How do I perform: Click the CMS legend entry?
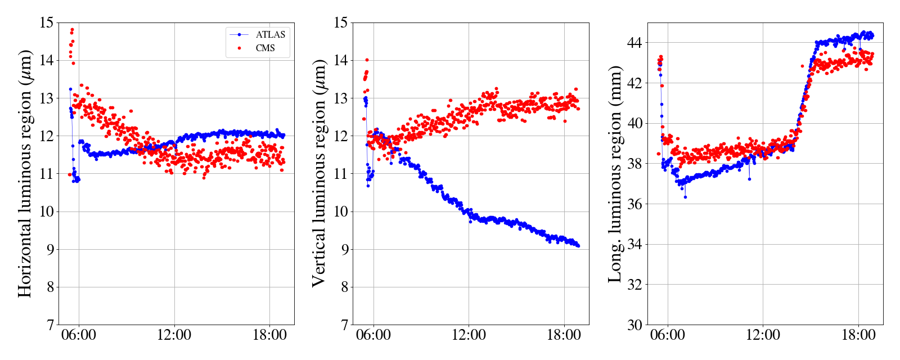(265, 48)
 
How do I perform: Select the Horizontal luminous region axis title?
(24, 173)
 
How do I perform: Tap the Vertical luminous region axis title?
(319, 173)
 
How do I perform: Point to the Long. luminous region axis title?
(615, 173)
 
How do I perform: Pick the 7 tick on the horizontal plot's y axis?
(49, 325)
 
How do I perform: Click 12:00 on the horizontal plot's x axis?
(174, 335)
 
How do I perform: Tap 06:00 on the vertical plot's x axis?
(373, 335)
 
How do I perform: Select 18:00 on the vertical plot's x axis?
(564, 335)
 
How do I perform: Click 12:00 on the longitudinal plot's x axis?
(763, 335)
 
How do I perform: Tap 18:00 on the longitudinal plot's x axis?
(858, 335)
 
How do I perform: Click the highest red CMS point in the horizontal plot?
(72, 29)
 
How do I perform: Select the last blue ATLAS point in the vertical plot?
(578, 245)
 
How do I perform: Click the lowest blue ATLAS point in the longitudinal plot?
(685, 197)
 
